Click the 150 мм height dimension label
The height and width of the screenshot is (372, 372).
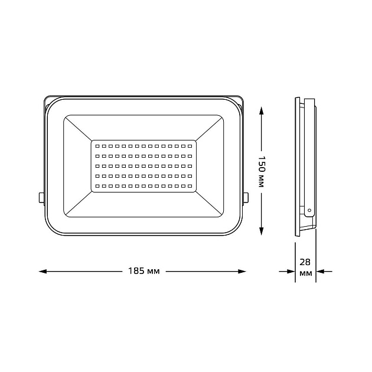pyautogui.click(x=261, y=171)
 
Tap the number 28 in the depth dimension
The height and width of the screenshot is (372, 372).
pyautogui.click(x=306, y=262)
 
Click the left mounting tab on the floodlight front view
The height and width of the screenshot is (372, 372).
pyautogui.click(x=41, y=197)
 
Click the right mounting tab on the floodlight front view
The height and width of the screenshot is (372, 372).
pyautogui.click(x=246, y=197)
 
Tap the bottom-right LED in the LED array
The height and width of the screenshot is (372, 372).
pyautogui.click(x=191, y=187)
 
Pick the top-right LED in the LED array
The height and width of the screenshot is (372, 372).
pyautogui.click(x=191, y=145)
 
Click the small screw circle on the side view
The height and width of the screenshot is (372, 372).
pyautogui.click(x=308, y=209)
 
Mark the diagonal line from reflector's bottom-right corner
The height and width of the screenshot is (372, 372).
pyautogui.click(x=210, y=204)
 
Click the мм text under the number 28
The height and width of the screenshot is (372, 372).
pyautogui.click(x=306, y=274)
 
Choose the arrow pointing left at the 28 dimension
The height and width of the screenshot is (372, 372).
pyautogui.click(x=321, y=272)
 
